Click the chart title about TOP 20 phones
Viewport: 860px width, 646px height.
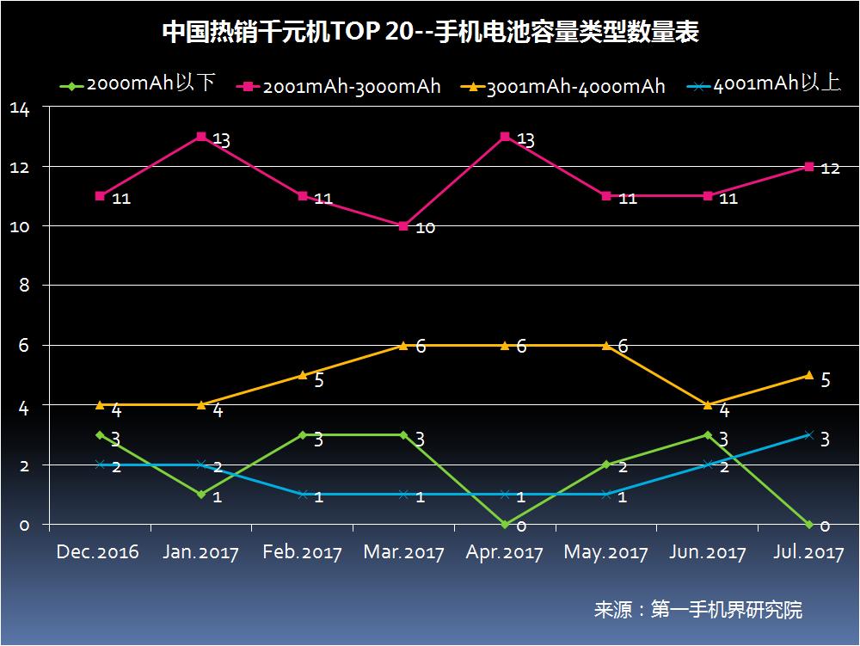[x=430, y=33]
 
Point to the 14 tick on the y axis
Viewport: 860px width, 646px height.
[x=20, y=108]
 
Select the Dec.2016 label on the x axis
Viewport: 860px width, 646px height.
[x=97, y=552]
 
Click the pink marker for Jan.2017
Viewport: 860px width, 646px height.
[x=201, y=137]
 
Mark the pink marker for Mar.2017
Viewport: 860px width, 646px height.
[x=403, y=226]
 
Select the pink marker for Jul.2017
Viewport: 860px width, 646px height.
[x=808, y=167]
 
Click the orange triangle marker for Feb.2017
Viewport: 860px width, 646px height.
[x=303, y=375]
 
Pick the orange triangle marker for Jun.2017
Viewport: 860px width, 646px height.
[x=708, y=404]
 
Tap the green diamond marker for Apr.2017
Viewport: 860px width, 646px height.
[x=505, y=524]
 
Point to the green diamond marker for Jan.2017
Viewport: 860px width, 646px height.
[x=201, y=495]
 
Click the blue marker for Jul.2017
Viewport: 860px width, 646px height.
[x=808, y=435]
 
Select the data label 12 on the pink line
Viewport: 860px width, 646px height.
[x=830, y=169]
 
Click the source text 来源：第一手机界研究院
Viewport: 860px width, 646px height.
[x=697, y=610]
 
